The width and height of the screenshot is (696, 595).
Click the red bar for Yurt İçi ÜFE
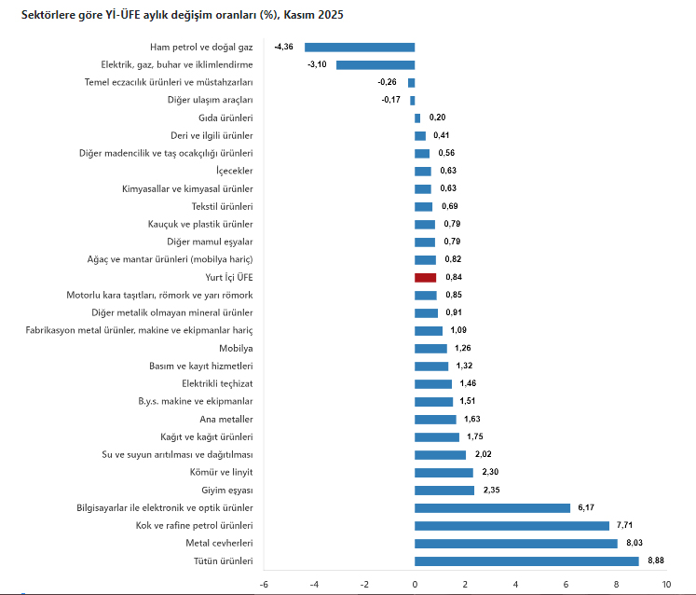pos(426,278)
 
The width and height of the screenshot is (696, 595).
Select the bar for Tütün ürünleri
pos(526,561)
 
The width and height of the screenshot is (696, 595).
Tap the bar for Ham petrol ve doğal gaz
pos(360,47)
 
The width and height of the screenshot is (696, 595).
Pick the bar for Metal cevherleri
pos(516,544)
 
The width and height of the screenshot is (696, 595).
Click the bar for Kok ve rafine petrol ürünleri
pos(512,526)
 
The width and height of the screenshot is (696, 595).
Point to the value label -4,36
pos(284,47)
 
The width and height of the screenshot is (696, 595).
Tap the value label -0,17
pos(391,100)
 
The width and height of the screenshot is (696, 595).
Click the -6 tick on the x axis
pos(264,584)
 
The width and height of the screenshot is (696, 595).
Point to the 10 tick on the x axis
pos(666,584)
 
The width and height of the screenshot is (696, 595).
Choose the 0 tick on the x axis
pos(415,584)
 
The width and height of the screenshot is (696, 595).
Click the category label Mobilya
pos(236,348)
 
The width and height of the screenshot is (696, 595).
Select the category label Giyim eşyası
pos(227,490)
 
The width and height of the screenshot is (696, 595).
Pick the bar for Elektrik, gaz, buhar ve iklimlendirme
pos(375,64)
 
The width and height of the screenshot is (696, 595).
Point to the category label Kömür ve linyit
pos(222,472)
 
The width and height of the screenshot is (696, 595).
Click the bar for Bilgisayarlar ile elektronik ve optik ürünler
pos(492,508)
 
